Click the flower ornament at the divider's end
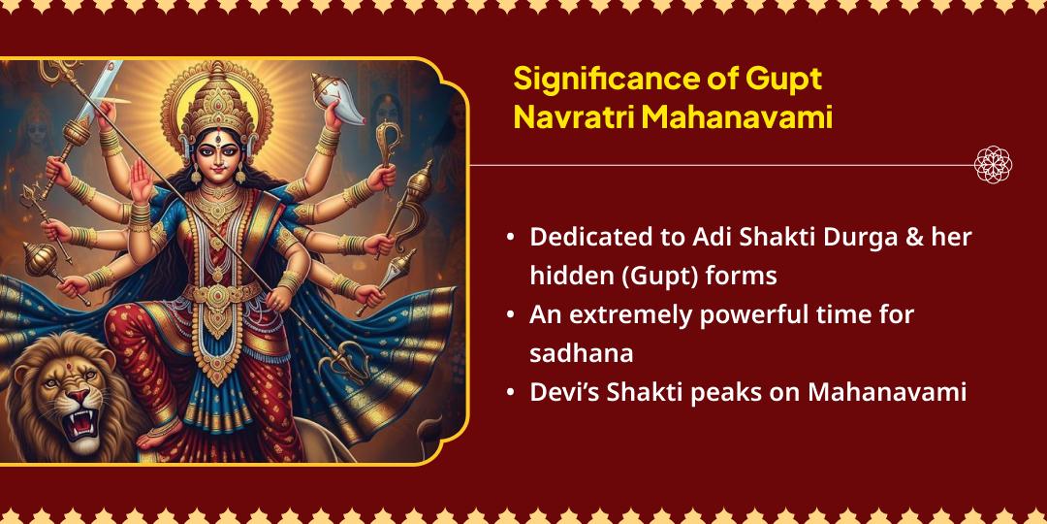click(992, 164)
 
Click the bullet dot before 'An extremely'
click(511, 315)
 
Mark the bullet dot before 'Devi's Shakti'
click(511, 393)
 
